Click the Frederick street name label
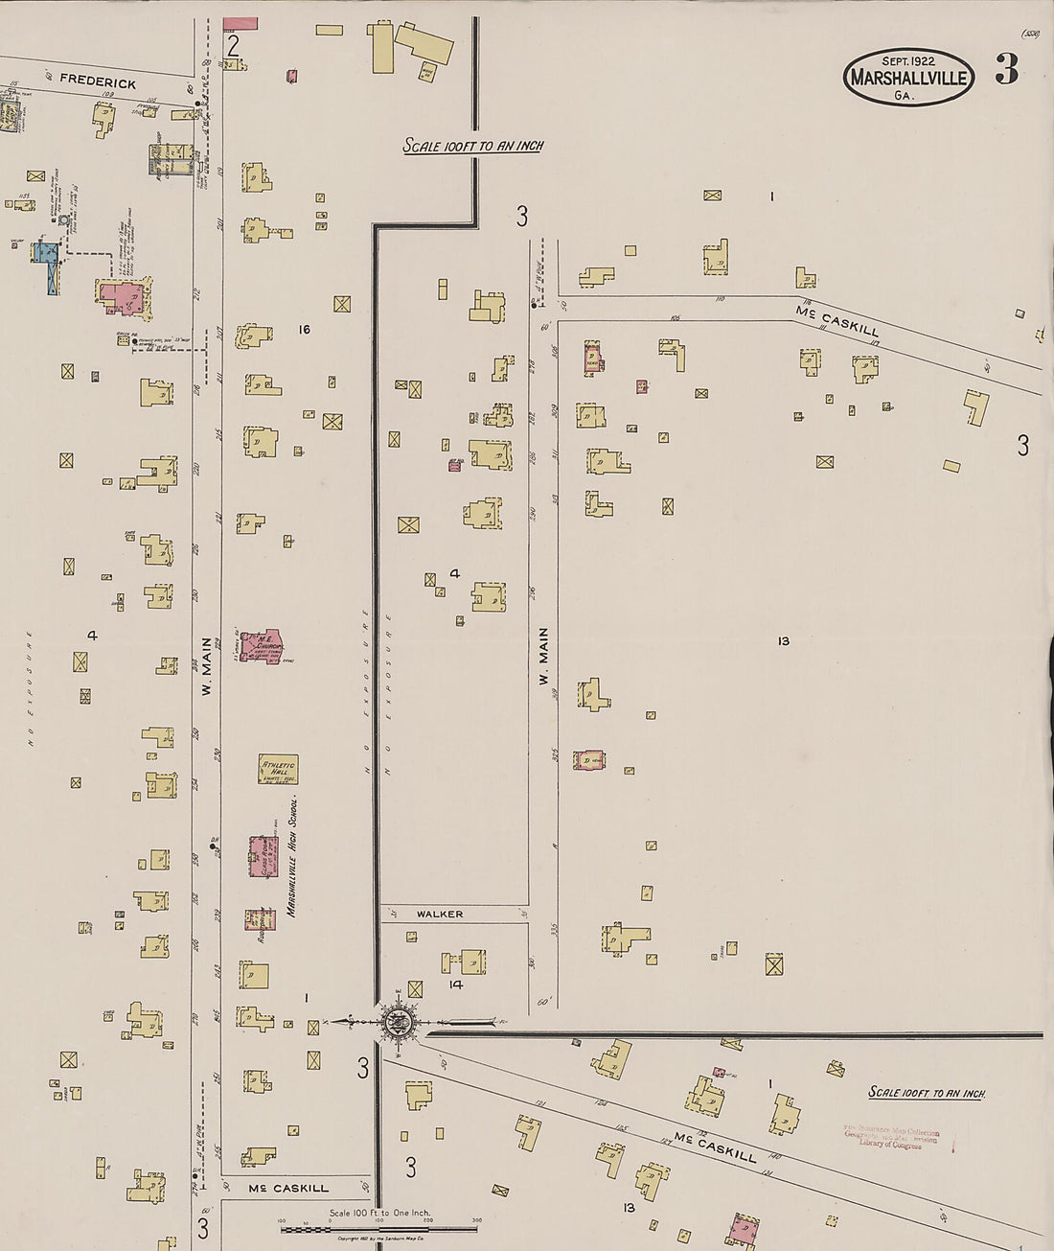tap(98, 81)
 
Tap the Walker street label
tap(440, 915)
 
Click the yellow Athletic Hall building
tap(278, 769)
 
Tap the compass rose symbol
tap(395, 1022)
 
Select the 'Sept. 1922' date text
tap(908, 62)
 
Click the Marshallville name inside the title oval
tap(908, 79)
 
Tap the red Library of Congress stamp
tap(891, 1138)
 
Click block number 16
tap(305, 330)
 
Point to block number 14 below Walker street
tap(456, 985)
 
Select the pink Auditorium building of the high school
tap(260, 919)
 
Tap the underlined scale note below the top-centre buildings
tap(473, 147)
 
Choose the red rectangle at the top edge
tap(241, 22)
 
